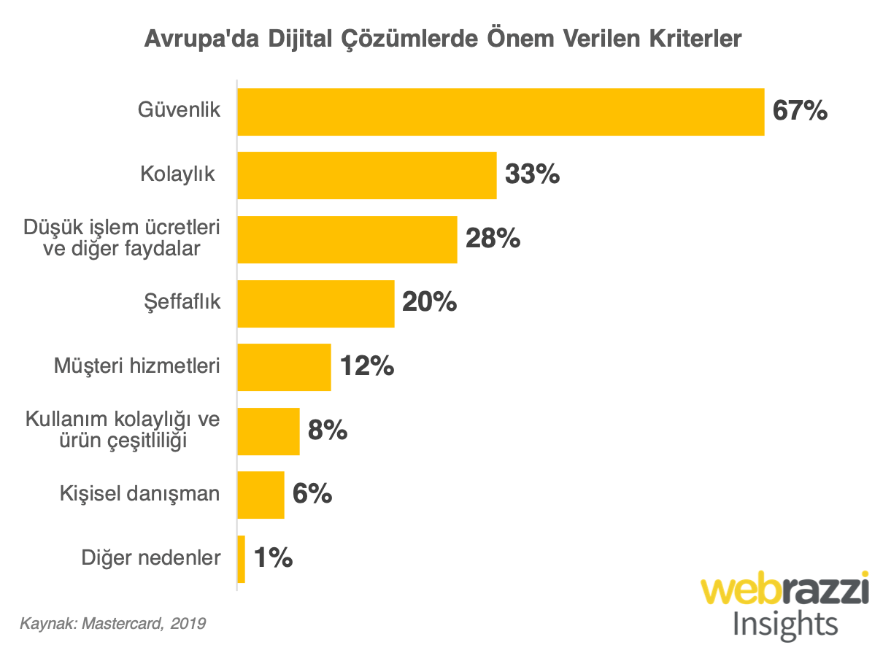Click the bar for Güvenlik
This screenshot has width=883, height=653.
[501, 112]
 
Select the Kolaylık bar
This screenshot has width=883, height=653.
[367, 175]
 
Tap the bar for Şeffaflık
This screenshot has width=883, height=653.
[316, 303]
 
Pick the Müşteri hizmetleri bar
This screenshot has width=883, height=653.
[285, 367]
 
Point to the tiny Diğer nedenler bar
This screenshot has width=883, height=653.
[242, 559]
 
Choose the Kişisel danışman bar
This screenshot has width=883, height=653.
[261, 495]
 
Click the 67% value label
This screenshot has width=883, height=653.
[801, 112]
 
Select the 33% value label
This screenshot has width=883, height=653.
[533, 175]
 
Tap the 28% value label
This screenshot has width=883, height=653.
[493, 239]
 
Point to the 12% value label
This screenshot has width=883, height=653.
[367, 366]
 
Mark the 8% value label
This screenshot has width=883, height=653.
[327, 430]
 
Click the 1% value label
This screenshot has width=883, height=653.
[273, 559]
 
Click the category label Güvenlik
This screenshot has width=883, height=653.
[180, 111]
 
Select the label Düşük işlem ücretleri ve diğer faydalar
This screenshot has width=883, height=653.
[123, 238]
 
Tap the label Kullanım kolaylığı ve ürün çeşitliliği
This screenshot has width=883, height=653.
[123, 430]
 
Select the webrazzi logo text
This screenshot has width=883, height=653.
[784, 590]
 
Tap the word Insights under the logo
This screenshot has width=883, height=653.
[784, 625]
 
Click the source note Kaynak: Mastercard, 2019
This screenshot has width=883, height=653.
[112, 624]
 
